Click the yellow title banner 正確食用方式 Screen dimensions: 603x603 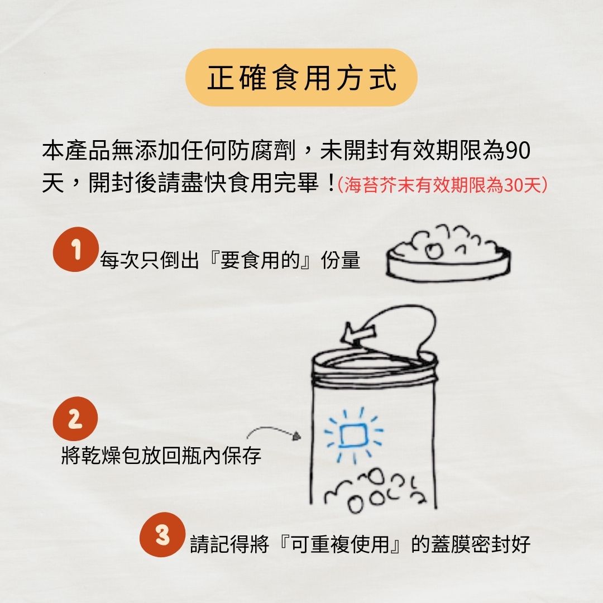tap(301, 77)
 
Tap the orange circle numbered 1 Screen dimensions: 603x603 tap(75, 250)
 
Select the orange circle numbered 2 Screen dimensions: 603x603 tap(75, 419)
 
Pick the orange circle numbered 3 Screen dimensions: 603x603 tap(162, 534)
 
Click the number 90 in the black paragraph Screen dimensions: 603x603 tap(517, 150)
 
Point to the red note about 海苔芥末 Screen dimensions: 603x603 tap(442, 185)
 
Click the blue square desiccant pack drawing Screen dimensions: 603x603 tap(353, 435)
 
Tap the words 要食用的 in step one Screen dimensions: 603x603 tap(260, 260)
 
